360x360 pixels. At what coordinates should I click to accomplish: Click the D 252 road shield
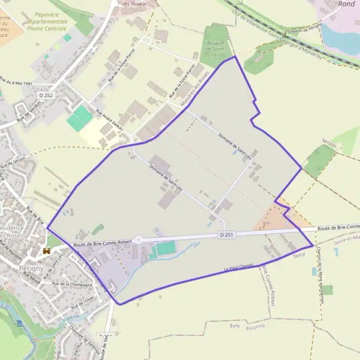point(46,95)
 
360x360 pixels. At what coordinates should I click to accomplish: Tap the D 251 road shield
point(226,235)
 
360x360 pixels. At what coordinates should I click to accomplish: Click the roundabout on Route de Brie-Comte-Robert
point(139,239)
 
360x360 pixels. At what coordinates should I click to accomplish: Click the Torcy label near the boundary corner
point(299,254)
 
